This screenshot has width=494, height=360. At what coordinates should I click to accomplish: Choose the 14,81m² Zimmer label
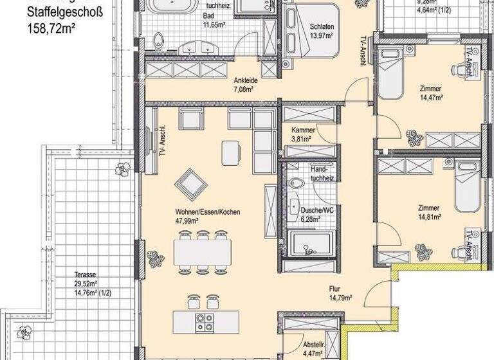pos(428,213)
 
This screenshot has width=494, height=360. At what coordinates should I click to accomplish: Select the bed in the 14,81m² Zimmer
pos(466,186)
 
